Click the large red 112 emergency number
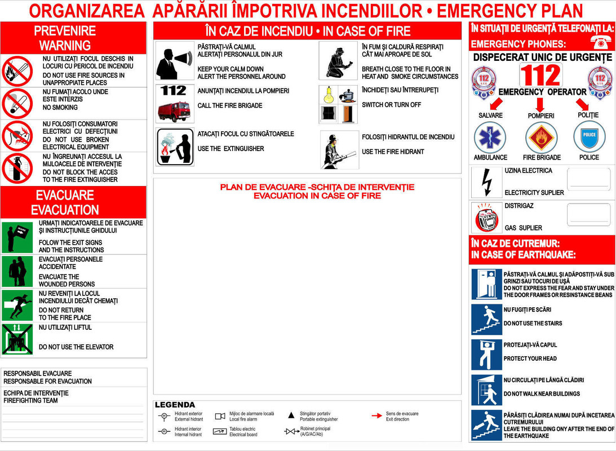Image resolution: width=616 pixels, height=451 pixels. click(540, 75)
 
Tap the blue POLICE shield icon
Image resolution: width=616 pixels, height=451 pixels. click(589, 136)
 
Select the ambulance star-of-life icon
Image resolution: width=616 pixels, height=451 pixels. click(490, 137)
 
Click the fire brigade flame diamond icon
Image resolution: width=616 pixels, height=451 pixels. click(541, 137)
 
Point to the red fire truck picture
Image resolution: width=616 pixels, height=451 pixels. click(174, 111)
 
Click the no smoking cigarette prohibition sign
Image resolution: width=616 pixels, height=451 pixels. click(17, 103)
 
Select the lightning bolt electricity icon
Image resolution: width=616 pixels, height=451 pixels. click(486, 182)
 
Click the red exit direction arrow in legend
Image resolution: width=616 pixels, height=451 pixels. click(376, 416)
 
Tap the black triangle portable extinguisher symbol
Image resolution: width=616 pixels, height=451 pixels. click(291, 415)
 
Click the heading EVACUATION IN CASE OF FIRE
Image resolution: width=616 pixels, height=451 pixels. click(317, 196)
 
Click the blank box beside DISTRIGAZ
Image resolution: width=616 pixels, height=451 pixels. click(588, 215)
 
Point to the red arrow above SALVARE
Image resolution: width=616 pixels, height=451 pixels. click(496, 103)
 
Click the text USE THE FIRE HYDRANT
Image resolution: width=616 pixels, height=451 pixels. click(393, 152)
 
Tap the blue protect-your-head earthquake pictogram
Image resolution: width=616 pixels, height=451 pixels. click(486, 354)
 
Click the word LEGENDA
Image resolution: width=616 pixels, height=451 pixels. click(175, 405)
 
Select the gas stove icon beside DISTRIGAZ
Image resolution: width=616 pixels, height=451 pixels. click(486, 218)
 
